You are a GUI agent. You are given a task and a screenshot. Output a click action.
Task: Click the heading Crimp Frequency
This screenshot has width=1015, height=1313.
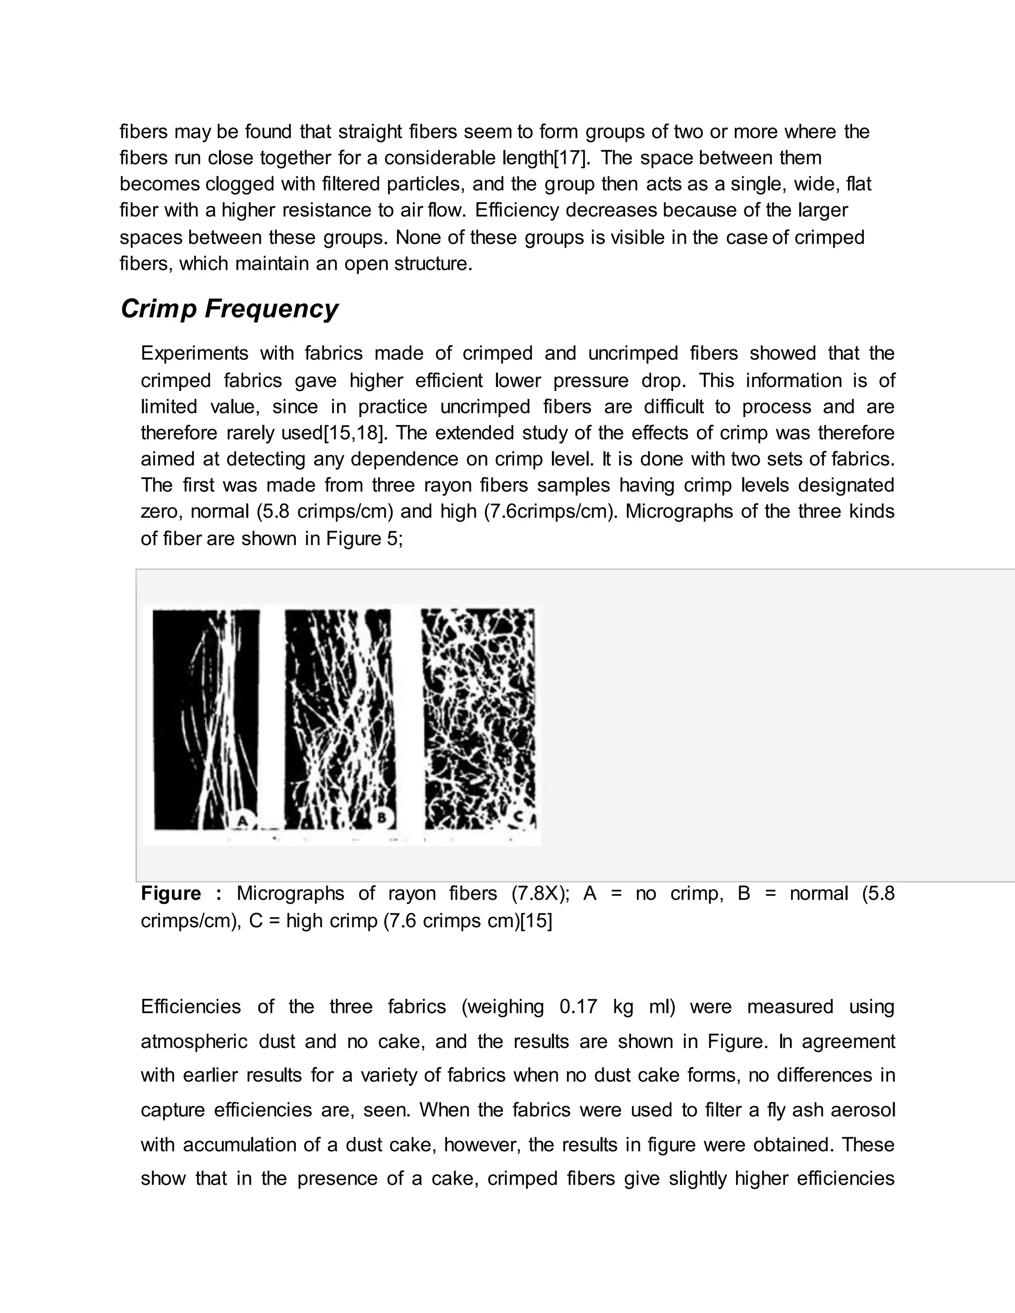[229, 309]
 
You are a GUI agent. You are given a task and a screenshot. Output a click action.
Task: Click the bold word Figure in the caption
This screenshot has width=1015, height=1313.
[171, 894]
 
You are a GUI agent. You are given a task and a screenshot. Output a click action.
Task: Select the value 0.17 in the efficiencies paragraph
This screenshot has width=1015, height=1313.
[578, 1007]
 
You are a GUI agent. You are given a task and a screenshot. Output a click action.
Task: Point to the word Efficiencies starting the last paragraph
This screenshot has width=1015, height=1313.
[191, 1007]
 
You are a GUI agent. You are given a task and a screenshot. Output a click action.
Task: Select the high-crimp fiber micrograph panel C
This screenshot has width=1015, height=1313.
[478, 715]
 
